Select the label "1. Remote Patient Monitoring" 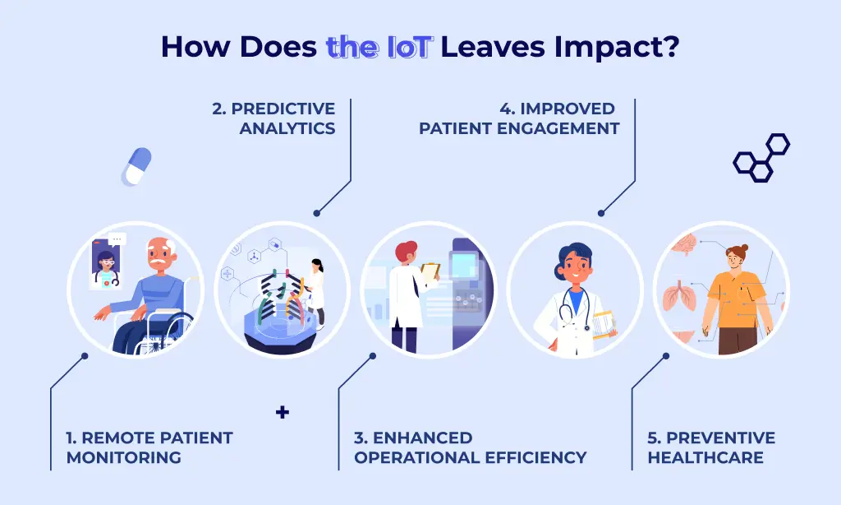point(149,447)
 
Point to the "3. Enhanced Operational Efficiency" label point(470,447)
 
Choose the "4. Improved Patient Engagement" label point(519,118)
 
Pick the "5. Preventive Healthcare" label point(711,447)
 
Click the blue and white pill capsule point(136,166)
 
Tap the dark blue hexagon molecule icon point(761,157)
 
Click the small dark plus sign point(283,412)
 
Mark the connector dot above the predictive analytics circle point(317,213)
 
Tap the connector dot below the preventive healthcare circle point(666,356)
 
